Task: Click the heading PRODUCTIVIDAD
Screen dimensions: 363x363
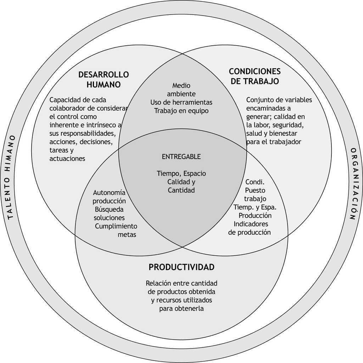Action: pos(181,267)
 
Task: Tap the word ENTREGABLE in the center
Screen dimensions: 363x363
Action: pos(181,157)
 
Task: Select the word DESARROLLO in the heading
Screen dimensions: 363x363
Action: pos(104,75)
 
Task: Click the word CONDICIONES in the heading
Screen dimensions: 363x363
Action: pos(255,72)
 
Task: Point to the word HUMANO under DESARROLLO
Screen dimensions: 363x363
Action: pos(104,85)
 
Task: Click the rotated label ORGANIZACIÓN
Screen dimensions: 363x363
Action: pos(353,184)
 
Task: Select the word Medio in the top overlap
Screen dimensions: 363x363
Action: pos(181,86)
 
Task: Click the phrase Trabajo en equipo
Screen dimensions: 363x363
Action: pos(181,111)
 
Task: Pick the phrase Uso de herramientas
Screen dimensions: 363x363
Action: pos(181,102)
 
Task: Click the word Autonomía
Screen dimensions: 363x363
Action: pos(109,193)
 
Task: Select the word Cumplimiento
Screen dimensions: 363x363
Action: pos(116,226)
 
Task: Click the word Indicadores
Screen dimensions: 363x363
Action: pos(251,224)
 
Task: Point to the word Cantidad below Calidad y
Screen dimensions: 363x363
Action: pos(181,190)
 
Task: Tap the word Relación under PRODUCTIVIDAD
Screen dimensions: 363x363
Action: pos(158,283)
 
